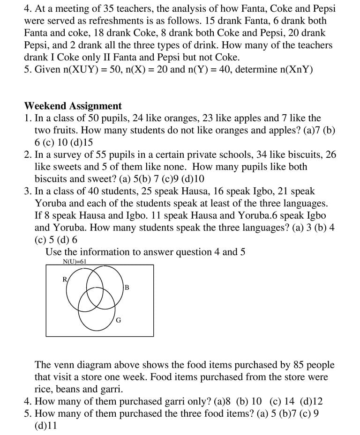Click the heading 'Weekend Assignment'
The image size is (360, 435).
[73, 106]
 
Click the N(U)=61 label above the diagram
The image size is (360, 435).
[75, 262]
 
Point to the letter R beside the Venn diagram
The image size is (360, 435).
[65, 280]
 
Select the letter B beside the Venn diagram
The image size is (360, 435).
[127, 288]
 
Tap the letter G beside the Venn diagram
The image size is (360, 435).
[118, 320]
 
